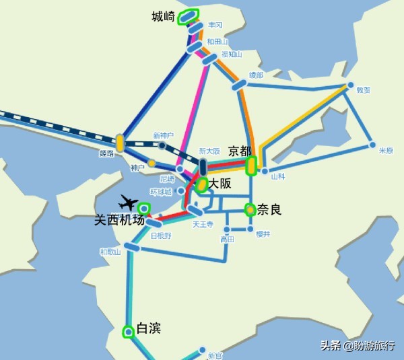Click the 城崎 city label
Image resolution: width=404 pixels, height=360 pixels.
164,16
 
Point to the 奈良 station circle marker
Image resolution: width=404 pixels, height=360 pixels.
250,209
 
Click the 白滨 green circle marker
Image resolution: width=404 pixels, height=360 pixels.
128,330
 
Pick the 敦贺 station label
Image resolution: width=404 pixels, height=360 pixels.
364,89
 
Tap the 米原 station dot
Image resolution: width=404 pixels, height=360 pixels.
372,144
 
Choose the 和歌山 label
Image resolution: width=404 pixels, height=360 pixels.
109,252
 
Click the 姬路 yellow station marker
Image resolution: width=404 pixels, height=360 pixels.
120,143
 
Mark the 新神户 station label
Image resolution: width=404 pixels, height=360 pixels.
163,135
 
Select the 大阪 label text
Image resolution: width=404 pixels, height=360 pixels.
220,183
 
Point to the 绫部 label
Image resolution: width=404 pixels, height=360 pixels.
257,75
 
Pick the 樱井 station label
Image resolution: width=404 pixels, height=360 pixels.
263,233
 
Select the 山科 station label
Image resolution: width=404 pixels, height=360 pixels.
278,176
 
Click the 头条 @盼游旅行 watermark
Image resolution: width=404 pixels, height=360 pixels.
358,345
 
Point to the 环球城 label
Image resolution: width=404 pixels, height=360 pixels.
161,192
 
